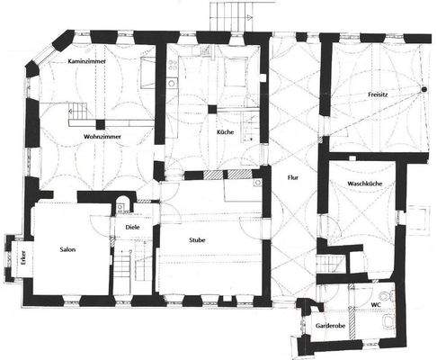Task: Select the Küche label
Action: pyautogui.click(x=226, y=132)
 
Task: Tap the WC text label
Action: pyautogui.click(x=377, y=305)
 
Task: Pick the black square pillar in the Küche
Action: pyautogui.click(x=212, y=109)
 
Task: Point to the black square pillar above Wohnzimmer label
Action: pyautogui.click(x=101, y=124)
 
